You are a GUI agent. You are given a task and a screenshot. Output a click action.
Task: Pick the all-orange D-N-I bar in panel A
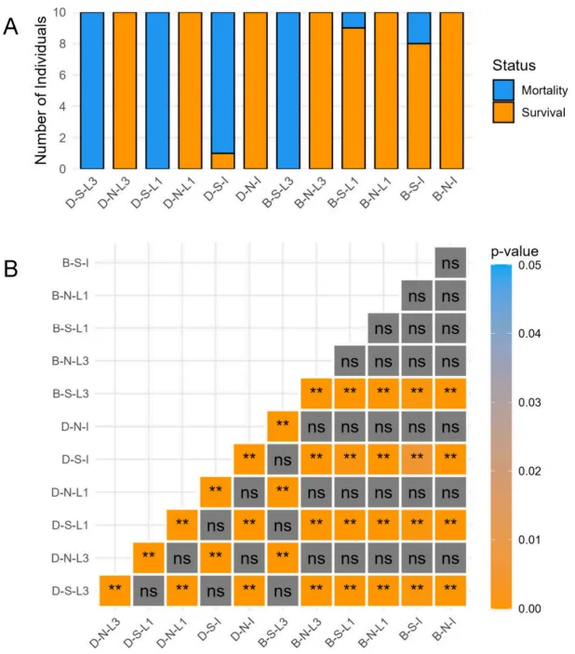[256, 90]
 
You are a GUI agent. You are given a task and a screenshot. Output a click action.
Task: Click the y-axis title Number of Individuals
[42, 91]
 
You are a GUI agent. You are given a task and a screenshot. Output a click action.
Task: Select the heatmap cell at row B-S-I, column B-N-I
[450, 263]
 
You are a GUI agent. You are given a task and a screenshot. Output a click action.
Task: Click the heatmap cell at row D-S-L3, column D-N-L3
[115, 589]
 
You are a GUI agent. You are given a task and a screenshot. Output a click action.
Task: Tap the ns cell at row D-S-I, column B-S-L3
[283, 459]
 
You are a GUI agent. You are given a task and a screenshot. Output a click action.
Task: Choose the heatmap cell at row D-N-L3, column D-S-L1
[149, 556]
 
